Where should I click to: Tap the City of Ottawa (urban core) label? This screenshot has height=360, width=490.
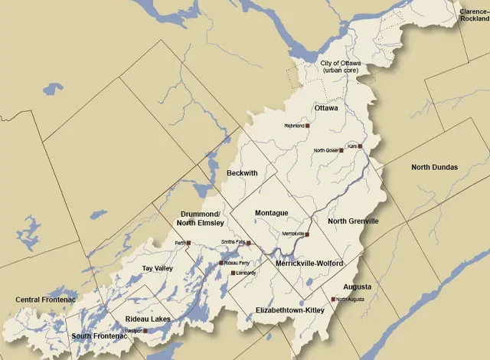(x=341, y=66)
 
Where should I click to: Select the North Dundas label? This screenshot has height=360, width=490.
(x=434, y=167)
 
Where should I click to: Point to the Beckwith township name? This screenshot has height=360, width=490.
(x=242, y=174)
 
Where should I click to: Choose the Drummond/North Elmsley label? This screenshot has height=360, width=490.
(x=202, y=218)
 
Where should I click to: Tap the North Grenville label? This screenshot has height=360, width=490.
(x=353, y=221)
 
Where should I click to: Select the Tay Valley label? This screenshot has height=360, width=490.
(x=158, y=269)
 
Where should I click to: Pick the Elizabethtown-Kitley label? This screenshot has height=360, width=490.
(x=290, y=310)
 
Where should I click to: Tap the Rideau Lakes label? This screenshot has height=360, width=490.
(x=147, y=319)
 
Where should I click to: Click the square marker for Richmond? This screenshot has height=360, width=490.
(x=309, y=126)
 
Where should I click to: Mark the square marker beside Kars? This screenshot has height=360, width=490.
(x=359, y=146)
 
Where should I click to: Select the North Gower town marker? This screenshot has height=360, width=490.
(x=341, y=151)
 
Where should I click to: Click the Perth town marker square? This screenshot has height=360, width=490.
(x=188, y=243)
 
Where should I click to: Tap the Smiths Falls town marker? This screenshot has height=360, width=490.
(x=249, y=243)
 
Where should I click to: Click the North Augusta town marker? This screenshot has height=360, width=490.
(x=332, y=299)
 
